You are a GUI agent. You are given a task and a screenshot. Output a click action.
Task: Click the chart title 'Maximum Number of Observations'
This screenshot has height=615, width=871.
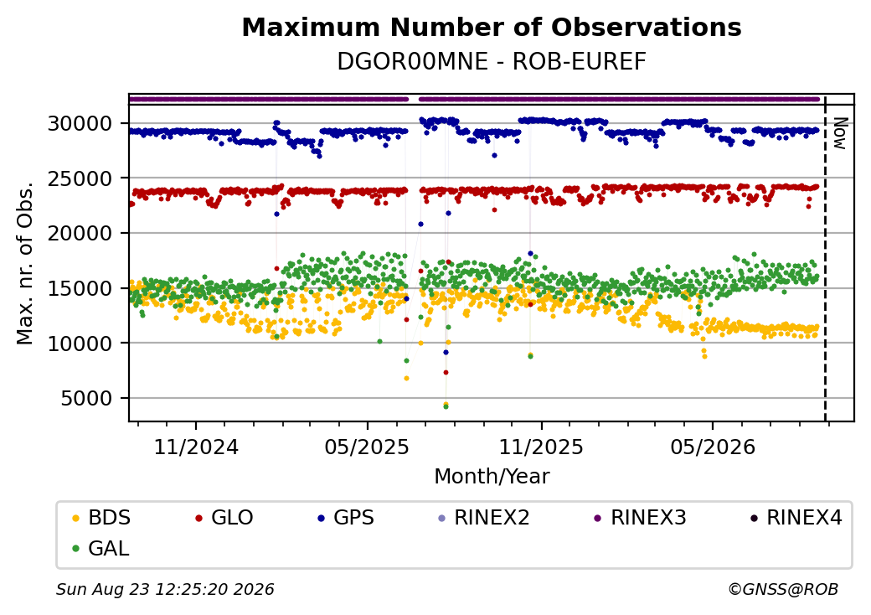492,27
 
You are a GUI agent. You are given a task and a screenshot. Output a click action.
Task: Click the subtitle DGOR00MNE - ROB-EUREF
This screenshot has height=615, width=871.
492,62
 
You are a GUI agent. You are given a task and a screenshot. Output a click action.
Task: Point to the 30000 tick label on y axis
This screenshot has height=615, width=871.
80,123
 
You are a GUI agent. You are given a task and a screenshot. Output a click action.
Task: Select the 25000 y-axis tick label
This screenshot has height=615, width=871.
80,178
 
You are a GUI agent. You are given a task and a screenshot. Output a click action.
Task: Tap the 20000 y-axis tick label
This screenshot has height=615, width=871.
80,233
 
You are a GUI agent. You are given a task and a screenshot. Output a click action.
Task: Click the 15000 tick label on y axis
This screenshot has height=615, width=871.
80,288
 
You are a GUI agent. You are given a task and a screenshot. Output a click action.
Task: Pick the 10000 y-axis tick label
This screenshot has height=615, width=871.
80,344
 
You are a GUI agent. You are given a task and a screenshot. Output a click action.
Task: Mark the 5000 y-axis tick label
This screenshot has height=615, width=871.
86,398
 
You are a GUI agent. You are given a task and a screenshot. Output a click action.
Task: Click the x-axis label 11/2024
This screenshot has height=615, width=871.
196,447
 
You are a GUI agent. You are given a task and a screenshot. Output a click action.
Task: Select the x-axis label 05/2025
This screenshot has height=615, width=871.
367,447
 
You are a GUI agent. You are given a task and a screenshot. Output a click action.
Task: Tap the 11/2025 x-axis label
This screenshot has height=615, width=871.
541,447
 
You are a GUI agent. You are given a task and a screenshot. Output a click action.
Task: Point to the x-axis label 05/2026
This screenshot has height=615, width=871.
714,447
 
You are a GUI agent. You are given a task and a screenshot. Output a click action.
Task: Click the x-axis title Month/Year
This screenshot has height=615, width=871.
492,477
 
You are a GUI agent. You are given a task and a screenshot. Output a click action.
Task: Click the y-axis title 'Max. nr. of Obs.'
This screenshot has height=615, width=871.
26,263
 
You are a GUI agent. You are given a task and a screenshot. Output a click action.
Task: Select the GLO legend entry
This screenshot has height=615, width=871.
224,518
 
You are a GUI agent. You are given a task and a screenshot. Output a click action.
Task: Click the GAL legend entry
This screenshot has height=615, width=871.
101,548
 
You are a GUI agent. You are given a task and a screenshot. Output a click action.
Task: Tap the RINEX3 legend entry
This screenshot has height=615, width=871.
641,518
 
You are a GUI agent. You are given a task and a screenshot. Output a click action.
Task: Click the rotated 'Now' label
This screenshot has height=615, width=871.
840,133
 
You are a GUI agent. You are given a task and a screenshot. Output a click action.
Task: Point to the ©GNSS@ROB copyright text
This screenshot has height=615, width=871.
783,589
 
